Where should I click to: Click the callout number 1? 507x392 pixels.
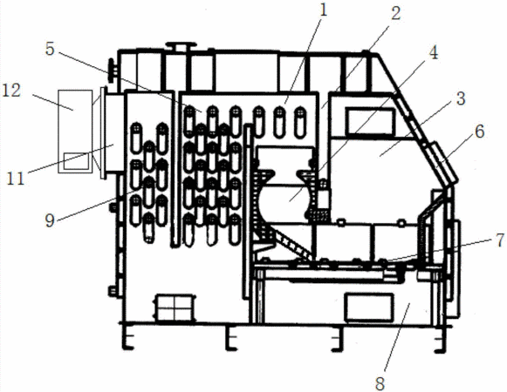tap(323, 10)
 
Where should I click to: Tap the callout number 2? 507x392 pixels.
tap(396, 14)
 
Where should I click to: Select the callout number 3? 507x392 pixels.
tap(461, 98)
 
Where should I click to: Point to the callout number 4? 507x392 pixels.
tap(434, 52)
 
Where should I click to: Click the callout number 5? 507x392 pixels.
tap(50, 49)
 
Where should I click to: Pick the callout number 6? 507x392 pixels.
tap(480, 132)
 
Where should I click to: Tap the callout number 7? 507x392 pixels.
tap(500, 240)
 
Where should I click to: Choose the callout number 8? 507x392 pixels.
tap(380, 383)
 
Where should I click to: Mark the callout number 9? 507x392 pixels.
tap(50, 221)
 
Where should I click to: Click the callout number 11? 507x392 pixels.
tap(16, 179)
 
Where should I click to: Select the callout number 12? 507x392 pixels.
tap(11, 91)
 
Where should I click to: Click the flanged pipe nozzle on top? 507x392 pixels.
tap(182, 46)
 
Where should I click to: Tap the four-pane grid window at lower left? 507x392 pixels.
tap(175, 308)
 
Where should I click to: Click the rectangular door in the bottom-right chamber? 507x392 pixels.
tap(369, 308)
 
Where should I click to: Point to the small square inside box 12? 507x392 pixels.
tap(76, 161)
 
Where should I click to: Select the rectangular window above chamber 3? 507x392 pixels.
tap(371, 122)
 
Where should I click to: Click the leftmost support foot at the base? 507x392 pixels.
tap(127, 337)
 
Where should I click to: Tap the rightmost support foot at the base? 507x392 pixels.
tap(441, 339)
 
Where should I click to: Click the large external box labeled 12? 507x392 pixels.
tap(75, 132)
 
